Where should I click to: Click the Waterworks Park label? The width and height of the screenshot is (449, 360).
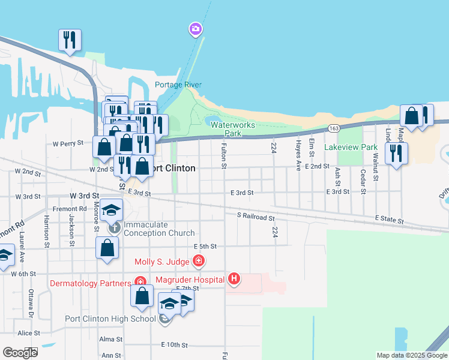point(233,129)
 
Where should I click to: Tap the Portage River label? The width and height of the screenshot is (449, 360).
point(178,85)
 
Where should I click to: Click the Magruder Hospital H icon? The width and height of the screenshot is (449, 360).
point(235,279)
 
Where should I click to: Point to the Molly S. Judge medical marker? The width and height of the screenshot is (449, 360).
point(198,261)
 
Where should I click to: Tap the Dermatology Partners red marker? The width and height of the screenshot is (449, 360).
point(140,282)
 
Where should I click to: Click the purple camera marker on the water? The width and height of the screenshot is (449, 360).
point(195,29)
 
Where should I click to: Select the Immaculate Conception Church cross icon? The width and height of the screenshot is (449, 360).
point(113,228)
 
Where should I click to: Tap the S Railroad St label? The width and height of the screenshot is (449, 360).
point(256,217)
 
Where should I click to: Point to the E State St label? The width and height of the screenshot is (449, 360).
point(390,220)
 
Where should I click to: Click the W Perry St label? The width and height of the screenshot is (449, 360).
point(67,144)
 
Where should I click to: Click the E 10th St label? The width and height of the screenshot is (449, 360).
point(174,345)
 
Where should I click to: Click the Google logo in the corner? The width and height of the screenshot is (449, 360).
point(19,352)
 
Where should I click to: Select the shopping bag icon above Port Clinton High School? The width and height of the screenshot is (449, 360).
point(142,296)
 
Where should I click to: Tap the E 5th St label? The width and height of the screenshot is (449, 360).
point(205,246)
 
